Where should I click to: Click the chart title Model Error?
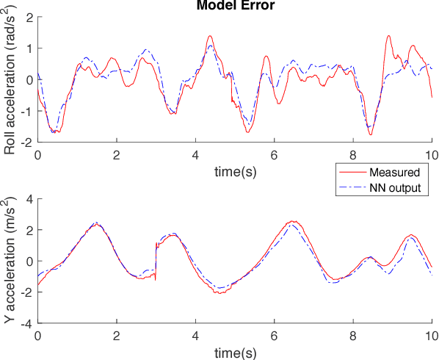click(234, 6)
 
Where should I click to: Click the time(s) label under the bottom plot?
click(234, 353)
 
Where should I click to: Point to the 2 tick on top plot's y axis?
click(29, 17)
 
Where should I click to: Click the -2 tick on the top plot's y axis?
click(27, 142)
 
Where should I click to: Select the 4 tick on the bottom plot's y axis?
click(29, 199)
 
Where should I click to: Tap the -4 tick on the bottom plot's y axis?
click(27, 323)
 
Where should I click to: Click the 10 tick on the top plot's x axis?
click(432, 155)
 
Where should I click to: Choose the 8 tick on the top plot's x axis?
click(353, 155)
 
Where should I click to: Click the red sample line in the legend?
click(351, 173)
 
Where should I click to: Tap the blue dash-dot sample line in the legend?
click(351, 188)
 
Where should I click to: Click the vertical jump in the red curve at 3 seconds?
click(156, 261)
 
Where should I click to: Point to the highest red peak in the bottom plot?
click(292, 221)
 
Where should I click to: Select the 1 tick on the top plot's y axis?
click(29, 48)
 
